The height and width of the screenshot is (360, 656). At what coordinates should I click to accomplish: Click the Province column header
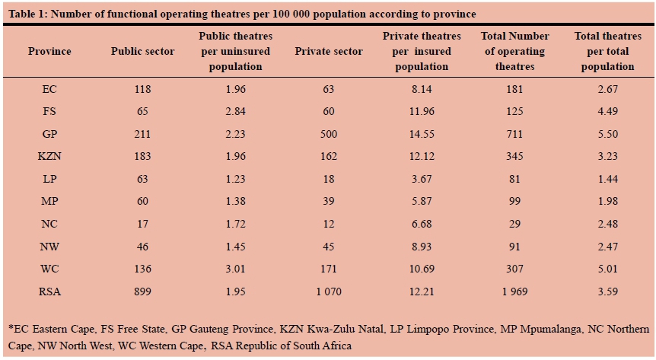(49, 52)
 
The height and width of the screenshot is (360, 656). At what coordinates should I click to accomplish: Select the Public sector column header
(142, 52)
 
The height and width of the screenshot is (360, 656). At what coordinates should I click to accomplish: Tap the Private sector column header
(328, 52)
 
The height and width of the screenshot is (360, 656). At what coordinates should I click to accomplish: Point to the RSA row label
(49, 291)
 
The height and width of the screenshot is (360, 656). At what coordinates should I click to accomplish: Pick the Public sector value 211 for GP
(142, 134)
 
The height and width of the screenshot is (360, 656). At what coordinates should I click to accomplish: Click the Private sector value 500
(328, 134)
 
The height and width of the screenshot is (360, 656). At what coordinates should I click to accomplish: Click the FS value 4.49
(607, 112)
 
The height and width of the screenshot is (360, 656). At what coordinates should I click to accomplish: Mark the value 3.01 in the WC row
(235, 269)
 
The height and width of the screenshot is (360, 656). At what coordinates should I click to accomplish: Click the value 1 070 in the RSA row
(328, 291)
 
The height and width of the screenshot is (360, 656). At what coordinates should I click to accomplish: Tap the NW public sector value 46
(142, 246)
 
